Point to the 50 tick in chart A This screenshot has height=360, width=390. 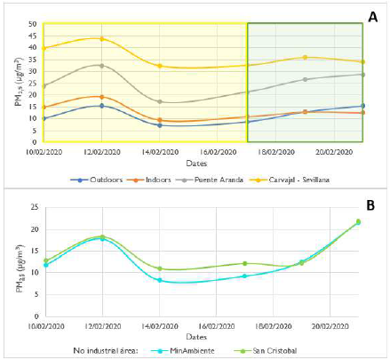tap(33, 24)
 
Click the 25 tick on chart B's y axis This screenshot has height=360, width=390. tap(33, 207)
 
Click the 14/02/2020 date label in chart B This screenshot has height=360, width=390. tap(160, 325)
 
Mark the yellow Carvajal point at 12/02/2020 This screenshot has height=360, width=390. tap(101, 38)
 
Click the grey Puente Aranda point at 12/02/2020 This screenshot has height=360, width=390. tap(101, 65)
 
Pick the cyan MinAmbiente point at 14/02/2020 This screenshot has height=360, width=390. tap(160, 280)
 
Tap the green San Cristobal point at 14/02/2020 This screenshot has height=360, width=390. tap(160, 268)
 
